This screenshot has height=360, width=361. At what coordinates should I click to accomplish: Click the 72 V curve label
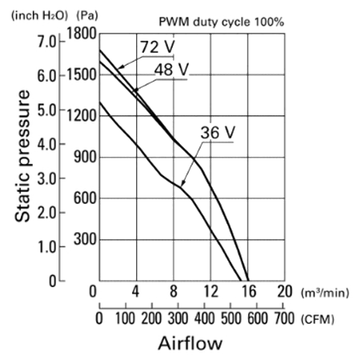coord(158,47)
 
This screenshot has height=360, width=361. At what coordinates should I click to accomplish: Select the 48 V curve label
coord(171,70)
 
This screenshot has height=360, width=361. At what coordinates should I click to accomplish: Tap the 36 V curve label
coord(218,133)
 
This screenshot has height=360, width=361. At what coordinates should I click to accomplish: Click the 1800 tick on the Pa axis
coord(81,34)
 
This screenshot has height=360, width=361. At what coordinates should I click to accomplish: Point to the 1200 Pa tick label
coord(81,116)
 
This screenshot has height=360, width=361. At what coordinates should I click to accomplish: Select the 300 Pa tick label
coord(85,239)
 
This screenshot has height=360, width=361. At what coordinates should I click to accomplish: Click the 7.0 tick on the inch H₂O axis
coord(47,42)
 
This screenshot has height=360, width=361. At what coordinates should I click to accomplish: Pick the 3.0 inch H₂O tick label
coord(47,178)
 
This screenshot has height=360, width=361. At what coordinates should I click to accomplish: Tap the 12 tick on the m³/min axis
coord(211,291)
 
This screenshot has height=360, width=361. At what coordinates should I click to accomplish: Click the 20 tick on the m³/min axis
coord(285,291)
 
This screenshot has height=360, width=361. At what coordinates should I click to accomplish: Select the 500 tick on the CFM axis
coord(231,318)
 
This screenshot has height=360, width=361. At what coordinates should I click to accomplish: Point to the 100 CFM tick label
coord(125,318)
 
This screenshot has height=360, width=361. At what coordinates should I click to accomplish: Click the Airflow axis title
coord(191,343)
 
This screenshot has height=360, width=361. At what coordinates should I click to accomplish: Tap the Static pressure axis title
coord(22,156)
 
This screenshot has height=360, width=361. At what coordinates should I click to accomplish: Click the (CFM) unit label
coord(318,319)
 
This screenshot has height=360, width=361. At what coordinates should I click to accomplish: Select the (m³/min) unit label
coord(325,293)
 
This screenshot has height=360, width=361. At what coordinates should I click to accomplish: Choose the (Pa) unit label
coord(87,16)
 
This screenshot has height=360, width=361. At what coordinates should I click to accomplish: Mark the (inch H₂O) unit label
coord(40,16)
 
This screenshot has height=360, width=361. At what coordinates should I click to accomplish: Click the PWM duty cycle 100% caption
coord(222,22)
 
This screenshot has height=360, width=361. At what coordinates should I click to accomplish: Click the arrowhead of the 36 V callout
coord(183,183)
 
